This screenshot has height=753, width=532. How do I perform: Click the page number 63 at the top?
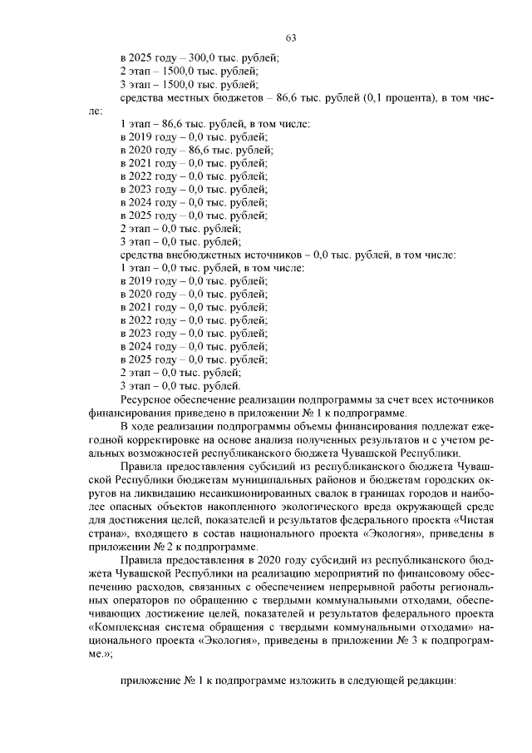pos(291,37)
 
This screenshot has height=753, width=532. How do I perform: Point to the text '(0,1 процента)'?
pos(382,99)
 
